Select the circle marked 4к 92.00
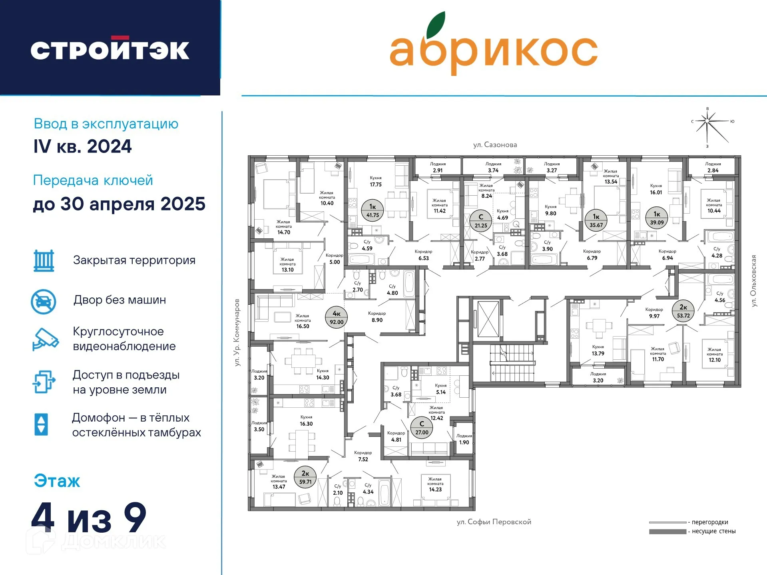[337, 318]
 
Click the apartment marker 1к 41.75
[373, 210]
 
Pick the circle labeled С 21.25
[481, 221]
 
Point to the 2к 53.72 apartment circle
[683, 311]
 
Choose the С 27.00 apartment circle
[422, 428]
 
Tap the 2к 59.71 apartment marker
[305, 477]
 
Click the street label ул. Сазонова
[495, 145]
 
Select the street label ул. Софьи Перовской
[494, 522]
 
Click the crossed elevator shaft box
[488, 319]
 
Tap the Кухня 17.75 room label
[376, 181]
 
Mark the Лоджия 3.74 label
[493, 167]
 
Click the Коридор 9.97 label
[654, 313]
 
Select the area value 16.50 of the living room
[303, 326]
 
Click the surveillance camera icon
[45, 339]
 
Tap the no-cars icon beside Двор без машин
[44, 301]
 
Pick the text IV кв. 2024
[82, 147]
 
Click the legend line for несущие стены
[667, 531]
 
